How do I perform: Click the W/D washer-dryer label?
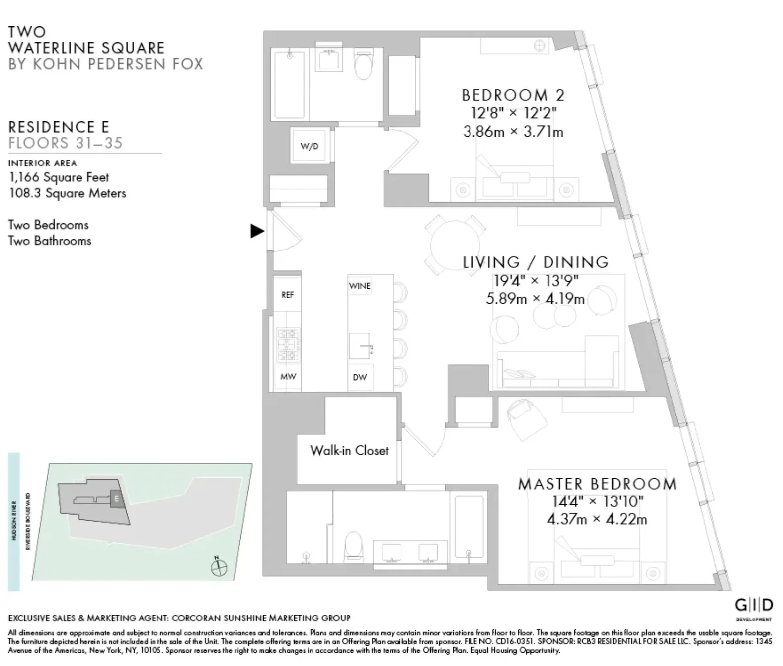pyautogui.click(x=309, y=146)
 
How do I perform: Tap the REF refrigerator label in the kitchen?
pyautogui.click(x=288, y=295)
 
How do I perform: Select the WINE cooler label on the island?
pyautogui.click(x=360, y=286)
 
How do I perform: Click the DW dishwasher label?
pyautogui.click(x=360, y=377)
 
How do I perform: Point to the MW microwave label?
pyautogui.click(x=288, y=376)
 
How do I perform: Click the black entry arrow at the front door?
pyautogui.click(x=256, y=231)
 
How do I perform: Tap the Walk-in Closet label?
pyautogui.click(x=349, y=451)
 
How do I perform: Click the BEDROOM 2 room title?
pyautogui.click(x=513, y=95)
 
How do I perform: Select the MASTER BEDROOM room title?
pyautogui.click(x=597, y=484)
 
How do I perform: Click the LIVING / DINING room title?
pyautogui.click(x=536, y=262)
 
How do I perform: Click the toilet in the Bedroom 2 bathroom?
pyautogui.click(x=364, y=67)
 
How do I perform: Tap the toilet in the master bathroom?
pyautogui.click(x=354, y=546)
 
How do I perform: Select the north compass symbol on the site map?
pyautogui.click(x=219, y=567)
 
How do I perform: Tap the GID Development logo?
pyautogui.click(x=753, y=606)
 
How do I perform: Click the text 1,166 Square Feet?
pyautogui.click(x=59, y=177)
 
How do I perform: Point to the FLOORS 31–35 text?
pyautogui.click(x=65, y=143)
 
